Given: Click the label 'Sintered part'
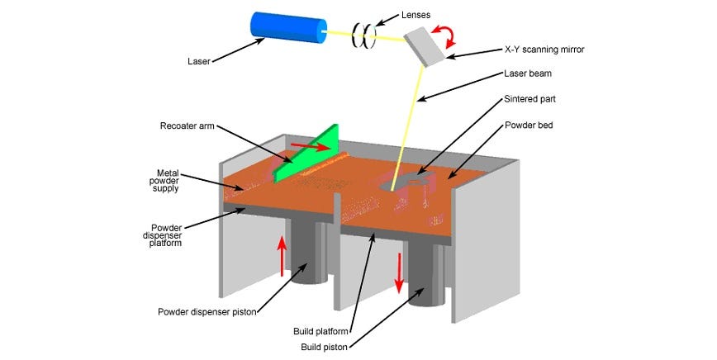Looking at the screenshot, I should click(x=530, y=97).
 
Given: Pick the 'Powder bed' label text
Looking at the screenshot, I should click(x=529, y=126).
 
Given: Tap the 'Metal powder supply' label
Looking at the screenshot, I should click(x=172, y=180).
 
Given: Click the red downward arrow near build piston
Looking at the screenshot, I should click(x=399, y=273).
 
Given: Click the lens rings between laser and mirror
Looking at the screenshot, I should click(x=364, y=34).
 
